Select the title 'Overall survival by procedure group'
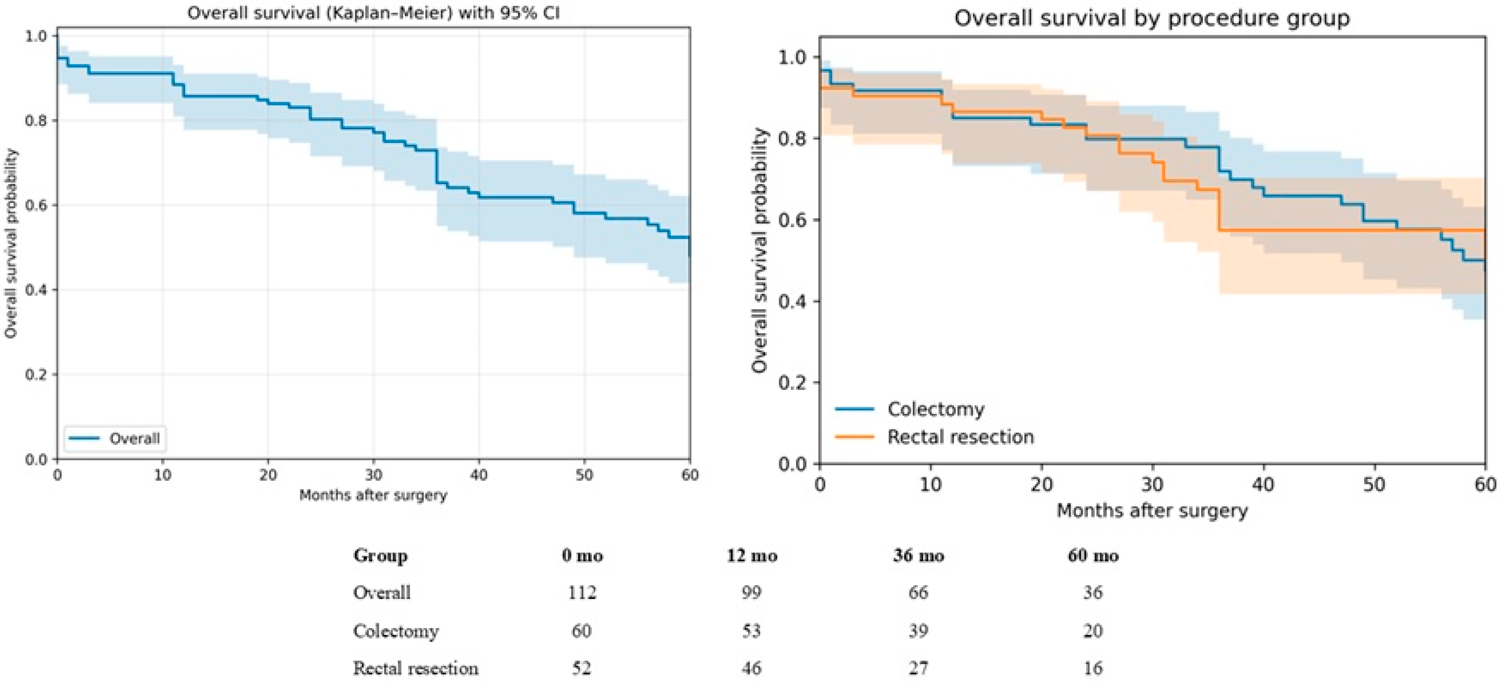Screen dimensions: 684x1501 pos(1152,18)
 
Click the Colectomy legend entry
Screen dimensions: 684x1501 pos(935,409)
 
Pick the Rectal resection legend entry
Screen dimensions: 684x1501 pos(960,437)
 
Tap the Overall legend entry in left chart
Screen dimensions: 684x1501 pos(134,438)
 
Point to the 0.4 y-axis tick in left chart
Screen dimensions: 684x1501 pos(36,290)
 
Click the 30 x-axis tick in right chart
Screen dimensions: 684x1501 pos(1152,484)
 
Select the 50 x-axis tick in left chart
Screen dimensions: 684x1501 pos(584,475)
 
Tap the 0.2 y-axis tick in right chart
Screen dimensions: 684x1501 pos(794,383)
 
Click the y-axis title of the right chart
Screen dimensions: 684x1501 pos(759,250)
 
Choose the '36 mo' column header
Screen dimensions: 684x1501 pos(918,556)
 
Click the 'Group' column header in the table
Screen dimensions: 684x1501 pos(380,556)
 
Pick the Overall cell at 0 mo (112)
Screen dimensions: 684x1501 pos(582,593)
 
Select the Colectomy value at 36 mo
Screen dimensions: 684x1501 pos(918,631)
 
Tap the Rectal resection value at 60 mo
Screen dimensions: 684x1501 pos(1093,668)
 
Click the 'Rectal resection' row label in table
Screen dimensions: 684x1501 pos(415,668)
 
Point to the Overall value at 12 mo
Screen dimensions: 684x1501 pos(751,593)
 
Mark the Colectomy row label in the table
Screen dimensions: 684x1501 pos(396,631)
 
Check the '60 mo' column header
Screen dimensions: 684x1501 pos(1093,556)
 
